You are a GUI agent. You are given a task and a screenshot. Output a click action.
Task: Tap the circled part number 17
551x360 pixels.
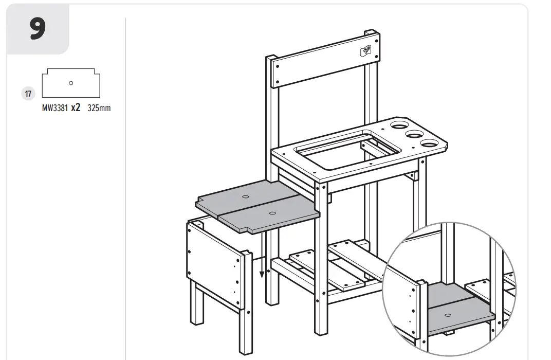28,94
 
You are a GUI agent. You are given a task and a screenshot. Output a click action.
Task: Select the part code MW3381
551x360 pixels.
55,109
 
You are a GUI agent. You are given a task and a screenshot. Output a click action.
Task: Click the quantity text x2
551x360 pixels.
76,108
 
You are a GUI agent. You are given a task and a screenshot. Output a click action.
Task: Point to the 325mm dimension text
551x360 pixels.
99,109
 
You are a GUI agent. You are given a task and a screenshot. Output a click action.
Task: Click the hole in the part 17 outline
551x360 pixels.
71,83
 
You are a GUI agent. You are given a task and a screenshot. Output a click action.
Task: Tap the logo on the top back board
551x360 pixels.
365,50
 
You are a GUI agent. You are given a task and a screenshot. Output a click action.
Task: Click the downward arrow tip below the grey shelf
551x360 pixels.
262,276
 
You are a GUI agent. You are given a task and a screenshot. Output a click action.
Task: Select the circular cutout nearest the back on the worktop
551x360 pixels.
399,125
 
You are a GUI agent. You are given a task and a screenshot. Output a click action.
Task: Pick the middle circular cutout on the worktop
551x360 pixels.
413,135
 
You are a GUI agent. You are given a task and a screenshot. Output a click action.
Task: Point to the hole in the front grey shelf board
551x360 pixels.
272,212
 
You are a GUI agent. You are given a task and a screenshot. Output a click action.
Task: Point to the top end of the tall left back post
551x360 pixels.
271,58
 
